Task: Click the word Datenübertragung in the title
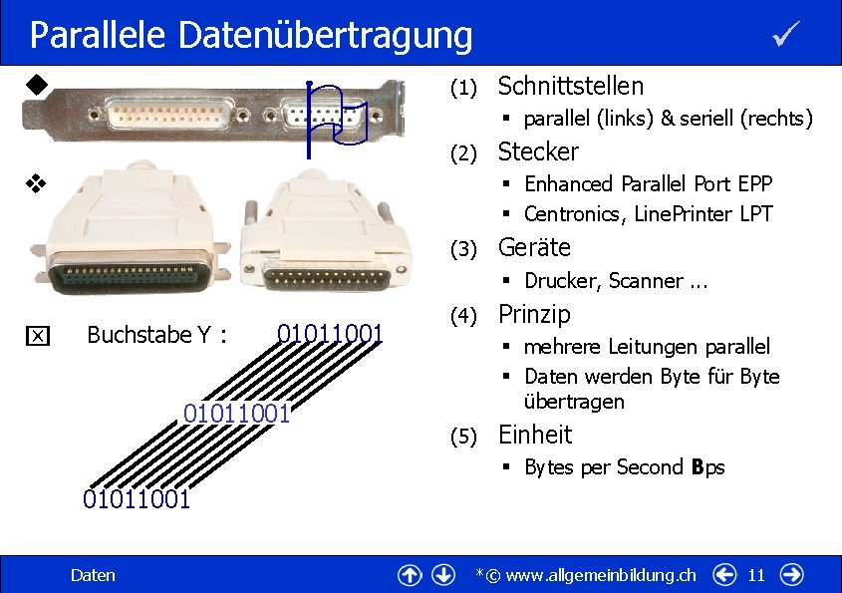click(326, 36)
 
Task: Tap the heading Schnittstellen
click(570, 86)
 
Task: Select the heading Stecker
click(537, 151)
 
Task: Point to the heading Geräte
click(534, 247)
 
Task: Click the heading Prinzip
click(534, 314)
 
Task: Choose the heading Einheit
click(534, 435)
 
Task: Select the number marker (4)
click(461, 317)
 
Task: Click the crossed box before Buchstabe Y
click(36, 336)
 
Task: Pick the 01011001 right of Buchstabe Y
click(330, 333)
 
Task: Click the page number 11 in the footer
click(756, 575)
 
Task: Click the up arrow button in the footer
click(409, 575)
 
